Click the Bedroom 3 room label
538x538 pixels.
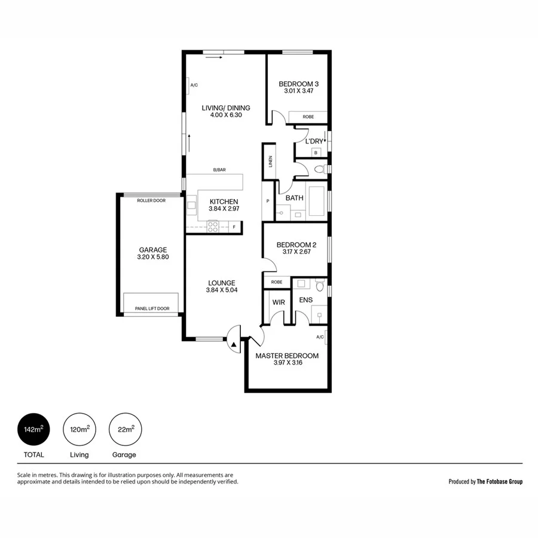tap(298, 84)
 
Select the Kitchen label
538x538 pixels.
tap(224, 201)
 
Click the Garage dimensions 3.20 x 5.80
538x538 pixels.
tap(153, 258)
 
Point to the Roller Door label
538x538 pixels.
tap(151, 201)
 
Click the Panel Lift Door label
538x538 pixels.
tap(152, 309)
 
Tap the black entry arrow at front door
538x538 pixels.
tap(234, 344)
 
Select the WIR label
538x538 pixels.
tap(279, 302)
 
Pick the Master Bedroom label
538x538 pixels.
tap(287, 356)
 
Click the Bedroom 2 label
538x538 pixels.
tap(296, 244)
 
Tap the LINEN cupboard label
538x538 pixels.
tap(270, 161)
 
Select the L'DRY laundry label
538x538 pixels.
tap(314, 141)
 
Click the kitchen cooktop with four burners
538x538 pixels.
tap(212, 227)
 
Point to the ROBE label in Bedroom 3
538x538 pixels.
tap(308, 117)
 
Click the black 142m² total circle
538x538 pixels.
tap(34, 429)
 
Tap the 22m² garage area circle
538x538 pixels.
tap(125, 429)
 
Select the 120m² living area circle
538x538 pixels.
tap(80, 429)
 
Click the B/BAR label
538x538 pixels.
tap(219, 170)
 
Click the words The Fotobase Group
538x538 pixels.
tap(499, 481)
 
